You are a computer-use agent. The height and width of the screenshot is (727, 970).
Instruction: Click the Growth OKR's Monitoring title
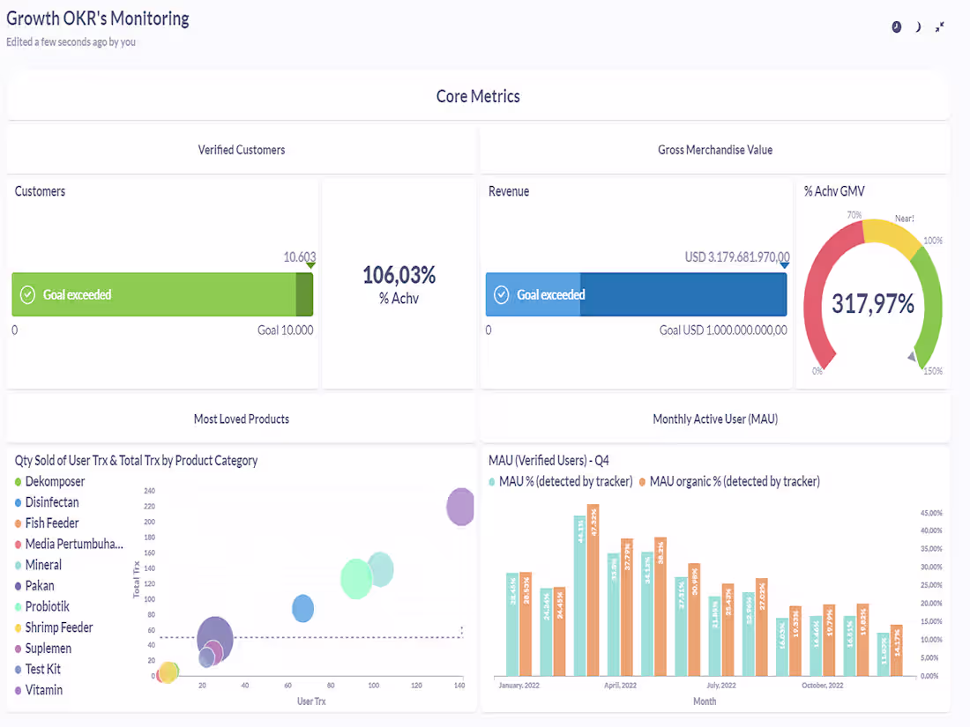pyautogui.click(x=98, y=18)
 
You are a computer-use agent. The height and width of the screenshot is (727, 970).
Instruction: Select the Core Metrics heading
pyautogui.click(x=478, y=97)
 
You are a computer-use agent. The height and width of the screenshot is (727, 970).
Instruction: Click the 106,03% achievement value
pyautogui.click(x=399, y=275)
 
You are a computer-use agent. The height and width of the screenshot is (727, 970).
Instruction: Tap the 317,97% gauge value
pyautogui.click(x=872, y=304)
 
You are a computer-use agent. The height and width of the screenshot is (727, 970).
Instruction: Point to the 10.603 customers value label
pyautogui.click(x=298, y=257)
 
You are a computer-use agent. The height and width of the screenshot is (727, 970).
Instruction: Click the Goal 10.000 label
pyautogui.click(x=284, y=330)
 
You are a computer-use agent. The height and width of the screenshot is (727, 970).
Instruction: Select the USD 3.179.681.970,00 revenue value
pyautogui.click(x=736, y=257)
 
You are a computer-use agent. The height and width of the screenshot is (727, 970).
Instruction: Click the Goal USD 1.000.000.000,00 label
pyautogui.click(x=723, y=330)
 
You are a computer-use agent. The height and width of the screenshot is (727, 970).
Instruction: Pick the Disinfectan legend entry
pyautogui.click(x=51, y=502)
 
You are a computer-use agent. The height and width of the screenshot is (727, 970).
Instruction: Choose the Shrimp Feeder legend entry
pyautogui.click(x=58, y=627)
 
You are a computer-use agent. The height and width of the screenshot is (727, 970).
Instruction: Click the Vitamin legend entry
pyautogui.click(x=43, y=690)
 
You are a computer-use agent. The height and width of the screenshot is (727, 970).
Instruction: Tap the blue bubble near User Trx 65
pyautogui.click(x=302, y=608)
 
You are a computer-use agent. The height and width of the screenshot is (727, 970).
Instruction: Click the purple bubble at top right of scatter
pyautogui.click(x=459, y=507)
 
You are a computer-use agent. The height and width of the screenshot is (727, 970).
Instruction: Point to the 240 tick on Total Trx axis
pyautogui.click(x=149, y=491)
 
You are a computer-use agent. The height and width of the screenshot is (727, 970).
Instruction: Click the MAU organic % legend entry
pyautogui.click(x=734, y=481)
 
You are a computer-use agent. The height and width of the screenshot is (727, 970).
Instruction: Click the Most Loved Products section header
pyautogui.click(x=241, y=419)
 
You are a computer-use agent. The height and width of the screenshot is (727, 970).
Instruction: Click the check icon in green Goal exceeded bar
pyautogui.click(x=27, y=294)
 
